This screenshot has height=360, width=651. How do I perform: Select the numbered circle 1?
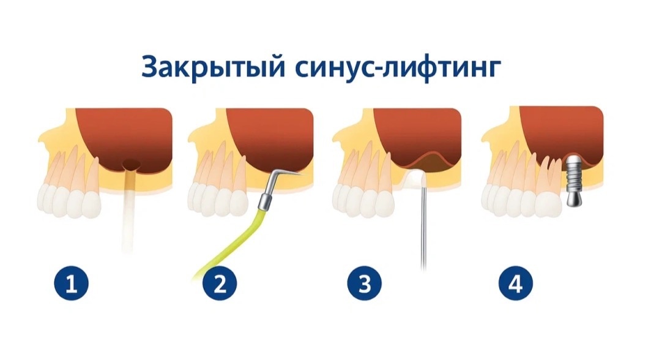coord(72,285)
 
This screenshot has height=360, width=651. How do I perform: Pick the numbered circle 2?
coord(220,285)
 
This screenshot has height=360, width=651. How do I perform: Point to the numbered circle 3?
coord(364,285)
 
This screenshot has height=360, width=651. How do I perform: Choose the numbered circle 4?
coord(515,285)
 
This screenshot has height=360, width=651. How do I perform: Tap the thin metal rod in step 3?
coord(423,227)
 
